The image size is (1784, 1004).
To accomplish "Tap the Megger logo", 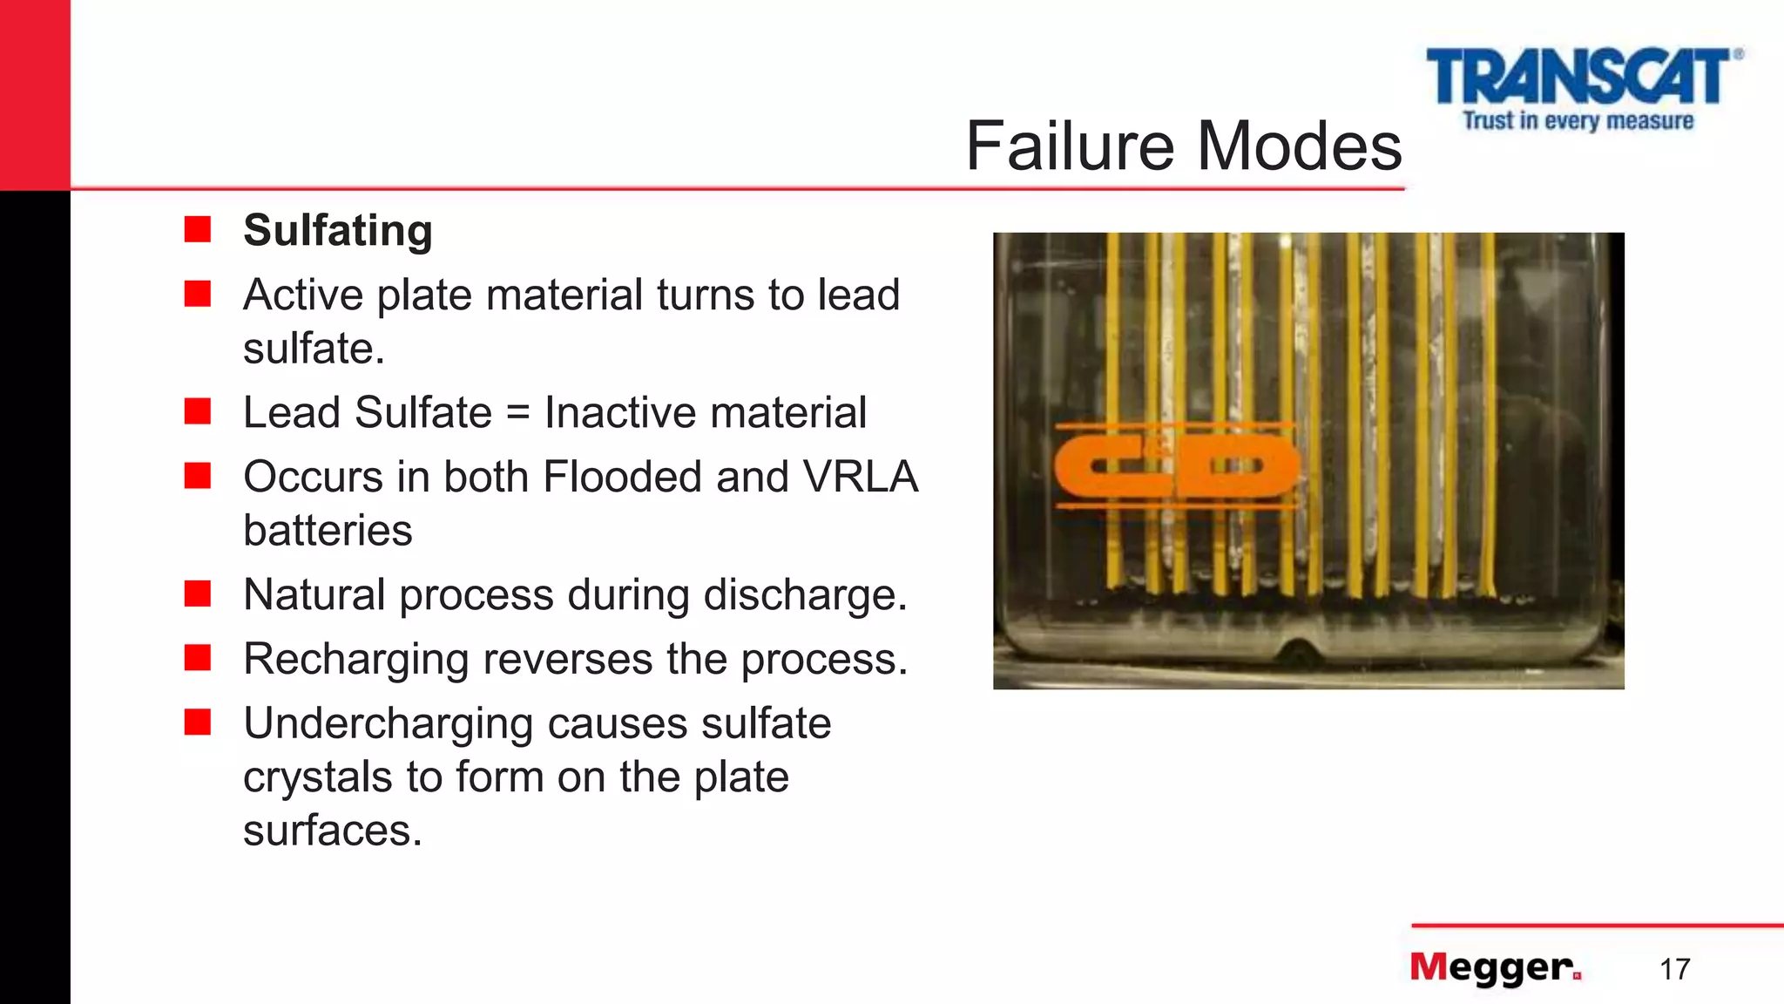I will (x=1495, y=967).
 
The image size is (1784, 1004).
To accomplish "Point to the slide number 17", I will (x=1674, y=969).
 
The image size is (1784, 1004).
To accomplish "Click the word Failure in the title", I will (x=1071, y=146).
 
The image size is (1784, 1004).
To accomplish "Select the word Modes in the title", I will (x=1300, y=146).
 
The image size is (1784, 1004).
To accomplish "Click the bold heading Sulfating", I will (x=338, y=230).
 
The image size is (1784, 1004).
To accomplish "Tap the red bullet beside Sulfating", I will (x=198, y=230).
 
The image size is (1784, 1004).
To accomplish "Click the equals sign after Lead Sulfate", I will (x=517, y=412).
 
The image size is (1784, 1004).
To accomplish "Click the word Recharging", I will (x=355, y=659).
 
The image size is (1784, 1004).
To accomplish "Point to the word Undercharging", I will (x=388, y=723).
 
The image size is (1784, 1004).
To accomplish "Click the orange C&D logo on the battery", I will (x=1176, y=465).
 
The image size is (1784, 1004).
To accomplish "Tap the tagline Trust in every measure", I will (x=1578, y=120).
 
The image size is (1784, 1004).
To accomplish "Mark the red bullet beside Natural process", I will (x=198, y=594).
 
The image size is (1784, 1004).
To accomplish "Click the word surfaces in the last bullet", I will (x=332, y=830).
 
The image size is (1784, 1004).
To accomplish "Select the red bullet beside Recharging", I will (x=198, y=659).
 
